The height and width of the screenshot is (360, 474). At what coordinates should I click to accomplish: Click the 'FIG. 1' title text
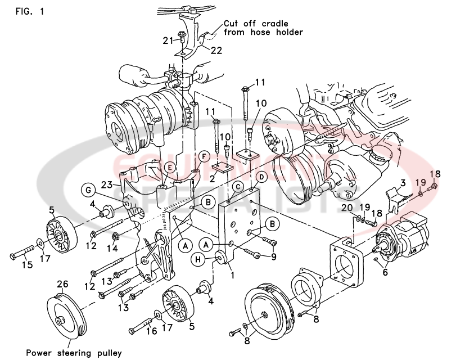[x=27, y=11]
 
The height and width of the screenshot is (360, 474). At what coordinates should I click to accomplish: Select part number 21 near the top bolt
[x=168, y=40]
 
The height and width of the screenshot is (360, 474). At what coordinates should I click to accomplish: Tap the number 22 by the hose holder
[x=216, y=51]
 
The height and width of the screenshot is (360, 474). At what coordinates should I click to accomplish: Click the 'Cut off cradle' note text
[x=256, y=24]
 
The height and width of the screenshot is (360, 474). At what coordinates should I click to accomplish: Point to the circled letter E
[x=169, y=166]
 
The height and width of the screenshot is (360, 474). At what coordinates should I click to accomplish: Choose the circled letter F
[x=204, y=155]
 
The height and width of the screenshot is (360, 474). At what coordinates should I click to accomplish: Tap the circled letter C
[x=238, y=186]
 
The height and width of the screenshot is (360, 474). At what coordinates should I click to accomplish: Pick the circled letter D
[x=261, y=177]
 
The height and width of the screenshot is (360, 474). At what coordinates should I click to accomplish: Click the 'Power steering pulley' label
[x=73, y=353]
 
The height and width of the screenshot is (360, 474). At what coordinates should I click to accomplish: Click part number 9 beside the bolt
[x=274, y=257]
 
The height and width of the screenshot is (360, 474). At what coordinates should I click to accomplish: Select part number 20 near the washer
[x=347, y=208]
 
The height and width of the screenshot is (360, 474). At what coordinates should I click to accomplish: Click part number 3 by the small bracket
[x=403, y=183]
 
